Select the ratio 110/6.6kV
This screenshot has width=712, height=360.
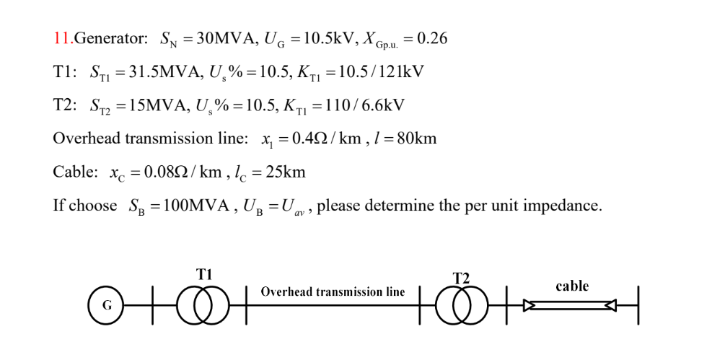tap(368, 106)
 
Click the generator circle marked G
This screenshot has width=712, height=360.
tap(106, 305)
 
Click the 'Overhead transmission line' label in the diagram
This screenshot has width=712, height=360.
tap(333, 292)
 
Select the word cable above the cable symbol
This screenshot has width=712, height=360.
tap(572, 286)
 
